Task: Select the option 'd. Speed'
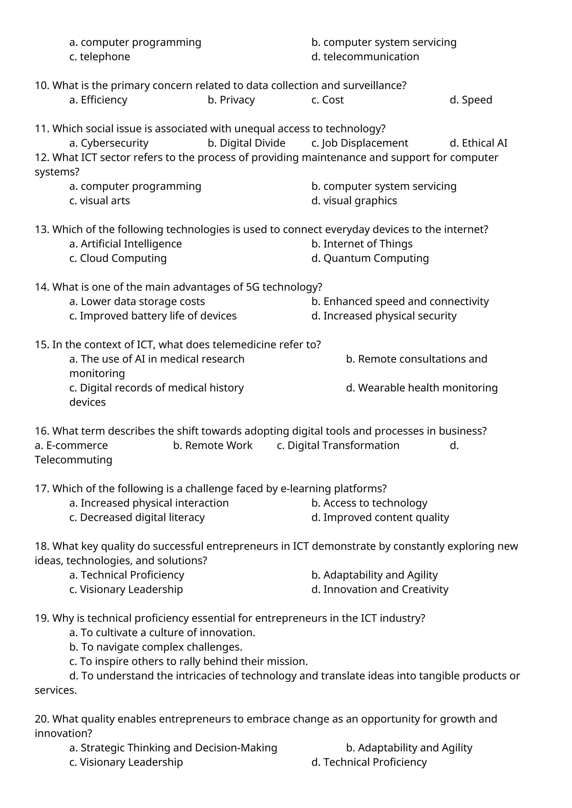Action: [x=471, y=100]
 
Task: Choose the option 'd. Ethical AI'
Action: [x=478, y=143]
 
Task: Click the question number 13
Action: [x=42, y=229]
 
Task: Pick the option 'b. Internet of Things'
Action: [x=362, y=244]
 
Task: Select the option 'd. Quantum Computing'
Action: [x=370, y=258]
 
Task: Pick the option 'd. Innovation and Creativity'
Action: [x=380, y=590]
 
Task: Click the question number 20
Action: [x=42, y=719]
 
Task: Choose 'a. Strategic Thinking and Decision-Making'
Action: [x=173, y=748]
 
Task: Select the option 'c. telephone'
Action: [x=100, y=57]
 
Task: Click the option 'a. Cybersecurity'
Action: [x=109, y=143]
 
